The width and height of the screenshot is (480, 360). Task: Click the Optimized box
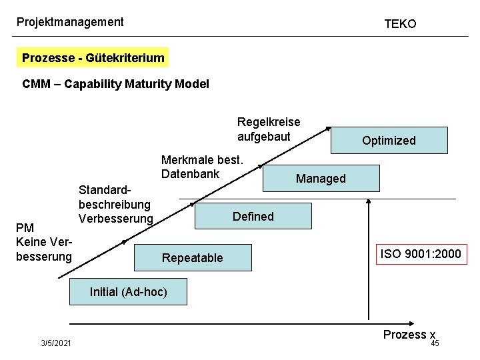point(389,141)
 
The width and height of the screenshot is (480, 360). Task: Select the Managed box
point(321,178)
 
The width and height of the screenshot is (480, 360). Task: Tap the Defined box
point(253,217)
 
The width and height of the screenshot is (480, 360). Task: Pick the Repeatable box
point(193,257)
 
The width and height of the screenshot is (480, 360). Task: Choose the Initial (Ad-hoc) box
point(129,292)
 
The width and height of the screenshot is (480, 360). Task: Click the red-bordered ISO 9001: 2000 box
point(420,254)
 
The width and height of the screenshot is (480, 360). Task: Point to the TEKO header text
point(400,24)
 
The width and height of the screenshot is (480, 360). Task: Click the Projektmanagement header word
point(70,22)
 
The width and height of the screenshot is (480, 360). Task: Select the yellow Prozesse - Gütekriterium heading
point(93,58)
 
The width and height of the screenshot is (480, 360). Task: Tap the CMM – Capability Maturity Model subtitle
point(115,84)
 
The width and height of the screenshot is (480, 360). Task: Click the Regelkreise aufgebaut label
point(269,129)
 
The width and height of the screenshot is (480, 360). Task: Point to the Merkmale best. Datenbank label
point(203,167)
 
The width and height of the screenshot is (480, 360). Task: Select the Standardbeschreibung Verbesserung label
point(115,204)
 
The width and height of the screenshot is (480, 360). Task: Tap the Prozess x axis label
point(409,335)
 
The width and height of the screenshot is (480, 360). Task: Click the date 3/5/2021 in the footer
point(57,343)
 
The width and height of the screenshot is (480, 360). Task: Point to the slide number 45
point(435,343)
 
